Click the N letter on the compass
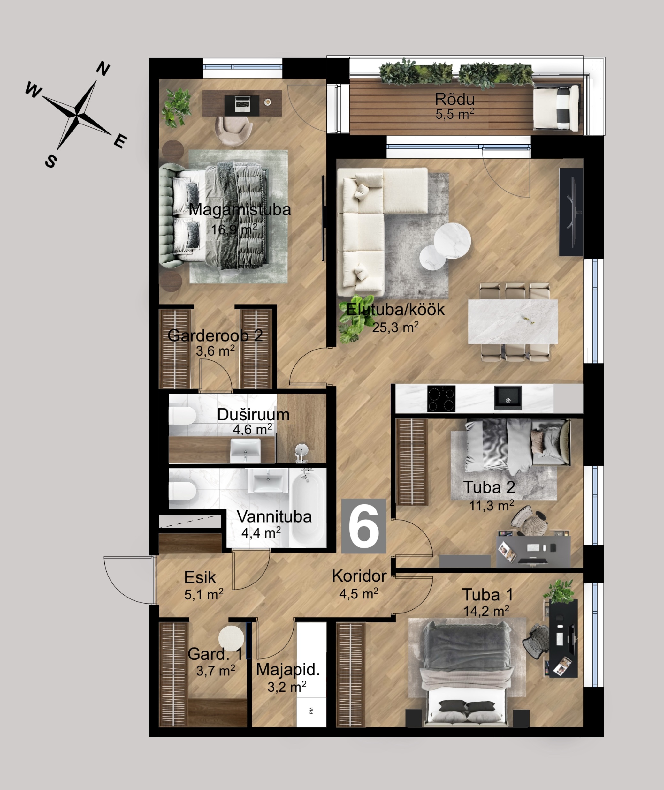point(103,69)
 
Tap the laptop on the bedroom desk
point(242,104)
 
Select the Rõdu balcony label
point(454,99)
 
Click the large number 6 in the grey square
point(363,526)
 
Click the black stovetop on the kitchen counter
point(441,398)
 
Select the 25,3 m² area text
point(395,327)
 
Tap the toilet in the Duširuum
point(182,416)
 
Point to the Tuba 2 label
point(489,487)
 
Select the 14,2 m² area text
point(486,611)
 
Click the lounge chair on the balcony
point(556,108)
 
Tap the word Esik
point(200,577)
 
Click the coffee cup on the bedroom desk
point(268,102)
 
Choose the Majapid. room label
point(288,670)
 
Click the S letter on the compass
point(51,162)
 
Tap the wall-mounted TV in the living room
point(571,212)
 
